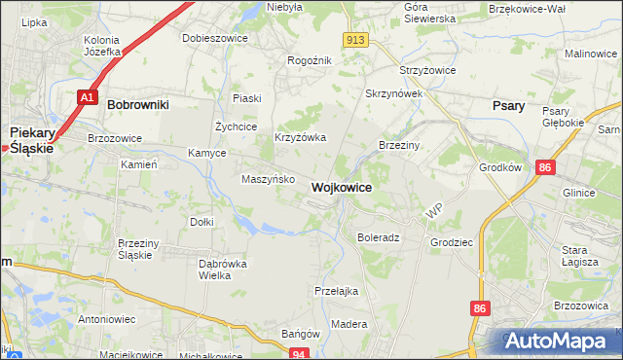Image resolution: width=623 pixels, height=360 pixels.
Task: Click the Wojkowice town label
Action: [340, 187]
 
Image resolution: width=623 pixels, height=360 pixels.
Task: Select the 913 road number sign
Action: [355, 39]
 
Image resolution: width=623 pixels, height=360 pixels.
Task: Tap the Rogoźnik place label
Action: [310, 60]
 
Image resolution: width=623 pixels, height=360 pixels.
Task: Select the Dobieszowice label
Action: [215, 38]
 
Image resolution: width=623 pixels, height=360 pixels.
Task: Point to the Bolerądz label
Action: [379, 237]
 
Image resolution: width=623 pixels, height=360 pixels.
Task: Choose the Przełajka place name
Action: [337, 290]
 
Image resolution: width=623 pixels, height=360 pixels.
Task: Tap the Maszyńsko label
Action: [268, 179]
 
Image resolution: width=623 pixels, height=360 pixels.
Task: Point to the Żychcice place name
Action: [236, 126]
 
